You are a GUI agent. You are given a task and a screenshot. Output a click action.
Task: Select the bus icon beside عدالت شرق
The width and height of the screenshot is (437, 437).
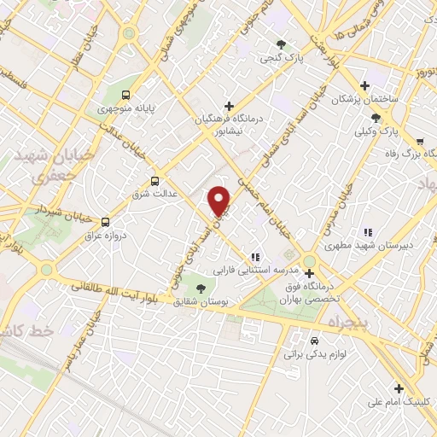tap(154, 180)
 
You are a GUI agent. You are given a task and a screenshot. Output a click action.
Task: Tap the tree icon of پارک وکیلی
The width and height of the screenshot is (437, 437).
tap(376, 119)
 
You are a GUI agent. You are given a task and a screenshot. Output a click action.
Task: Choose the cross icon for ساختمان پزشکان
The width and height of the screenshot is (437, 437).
tap(365, 85)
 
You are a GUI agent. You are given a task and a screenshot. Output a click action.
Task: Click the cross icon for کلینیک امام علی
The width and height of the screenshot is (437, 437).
tap(398, 388)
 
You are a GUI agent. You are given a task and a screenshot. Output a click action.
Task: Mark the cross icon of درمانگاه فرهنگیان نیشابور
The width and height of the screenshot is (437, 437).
tap(229, 105)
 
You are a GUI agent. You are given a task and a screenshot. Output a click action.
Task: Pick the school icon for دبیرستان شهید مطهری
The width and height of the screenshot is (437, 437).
tap(368, 231)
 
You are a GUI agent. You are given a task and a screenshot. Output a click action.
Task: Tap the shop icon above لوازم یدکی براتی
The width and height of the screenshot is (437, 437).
tap(314, 338)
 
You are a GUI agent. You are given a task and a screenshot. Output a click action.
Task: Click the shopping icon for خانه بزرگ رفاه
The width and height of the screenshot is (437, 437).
tap(419, 141)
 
